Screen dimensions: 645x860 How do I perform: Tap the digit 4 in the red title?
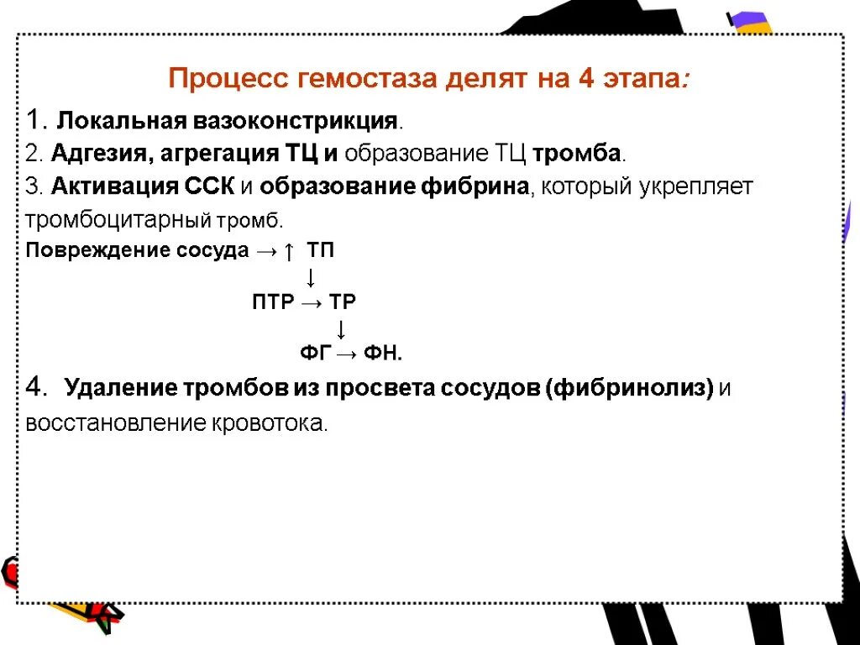click(x=585, y=80)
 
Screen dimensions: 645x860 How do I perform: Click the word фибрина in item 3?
click(x=475, y=186)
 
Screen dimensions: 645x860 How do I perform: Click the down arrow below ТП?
click(x=310, y=276)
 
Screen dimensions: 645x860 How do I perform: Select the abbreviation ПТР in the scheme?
click(x=271, y=302)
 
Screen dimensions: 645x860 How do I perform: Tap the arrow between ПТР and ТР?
click(x=310, y=302)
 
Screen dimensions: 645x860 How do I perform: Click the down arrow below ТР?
click(x=341, y=328)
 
